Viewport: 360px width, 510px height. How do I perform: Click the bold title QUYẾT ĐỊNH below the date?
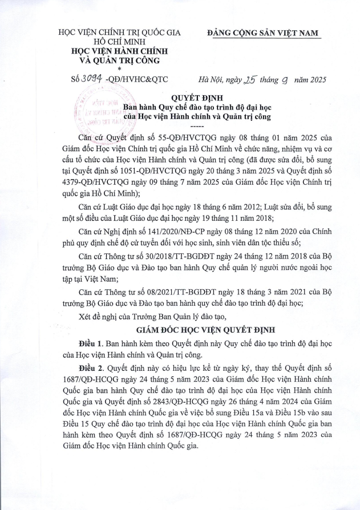196,98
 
